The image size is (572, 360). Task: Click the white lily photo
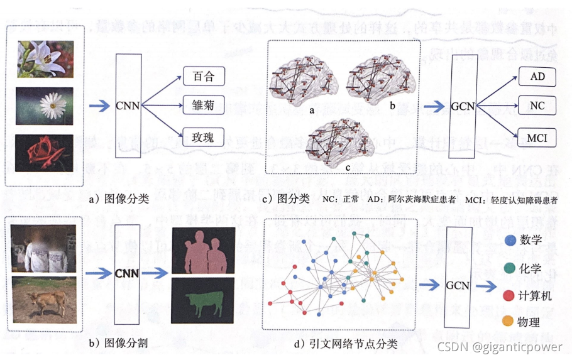[45, 59]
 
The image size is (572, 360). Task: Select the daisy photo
[45, 106]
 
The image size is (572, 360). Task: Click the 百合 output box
[204, 77]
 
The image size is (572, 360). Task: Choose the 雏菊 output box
[204, 105]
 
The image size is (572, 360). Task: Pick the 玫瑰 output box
[204, 135]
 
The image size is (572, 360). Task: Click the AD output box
[537, 77]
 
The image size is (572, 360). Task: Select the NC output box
[537, 106]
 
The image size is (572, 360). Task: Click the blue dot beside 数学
[510, 241]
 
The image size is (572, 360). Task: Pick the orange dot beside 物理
[510, 322]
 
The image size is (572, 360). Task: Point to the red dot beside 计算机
[510, 295]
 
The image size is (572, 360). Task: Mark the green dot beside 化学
[510, 268]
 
